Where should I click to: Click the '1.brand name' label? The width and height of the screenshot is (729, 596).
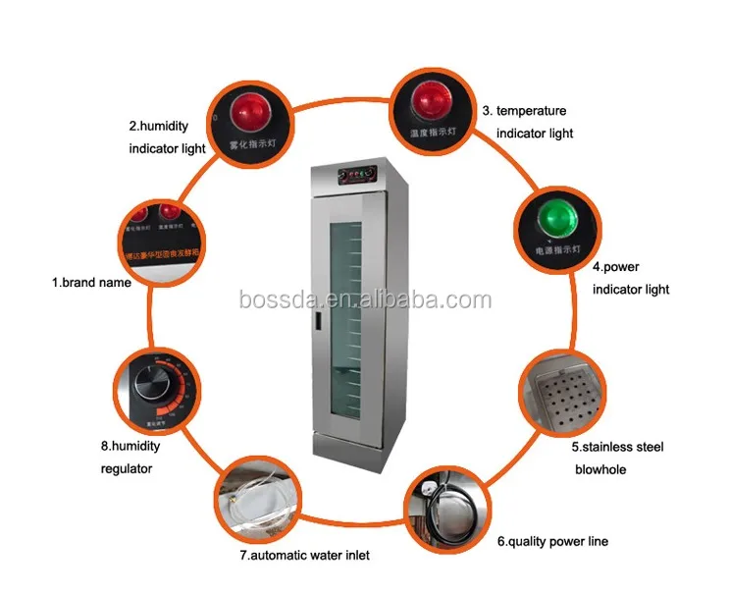tap(91, 282)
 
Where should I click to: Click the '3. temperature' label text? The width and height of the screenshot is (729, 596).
tap(524, 111)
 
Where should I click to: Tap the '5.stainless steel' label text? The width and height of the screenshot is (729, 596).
tap(619, 447)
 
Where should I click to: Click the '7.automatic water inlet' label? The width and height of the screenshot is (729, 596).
tap(304, 556)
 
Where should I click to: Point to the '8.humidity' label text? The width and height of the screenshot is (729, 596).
tap(130, 446)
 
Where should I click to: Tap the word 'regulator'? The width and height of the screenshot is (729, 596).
tap(127, 468)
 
